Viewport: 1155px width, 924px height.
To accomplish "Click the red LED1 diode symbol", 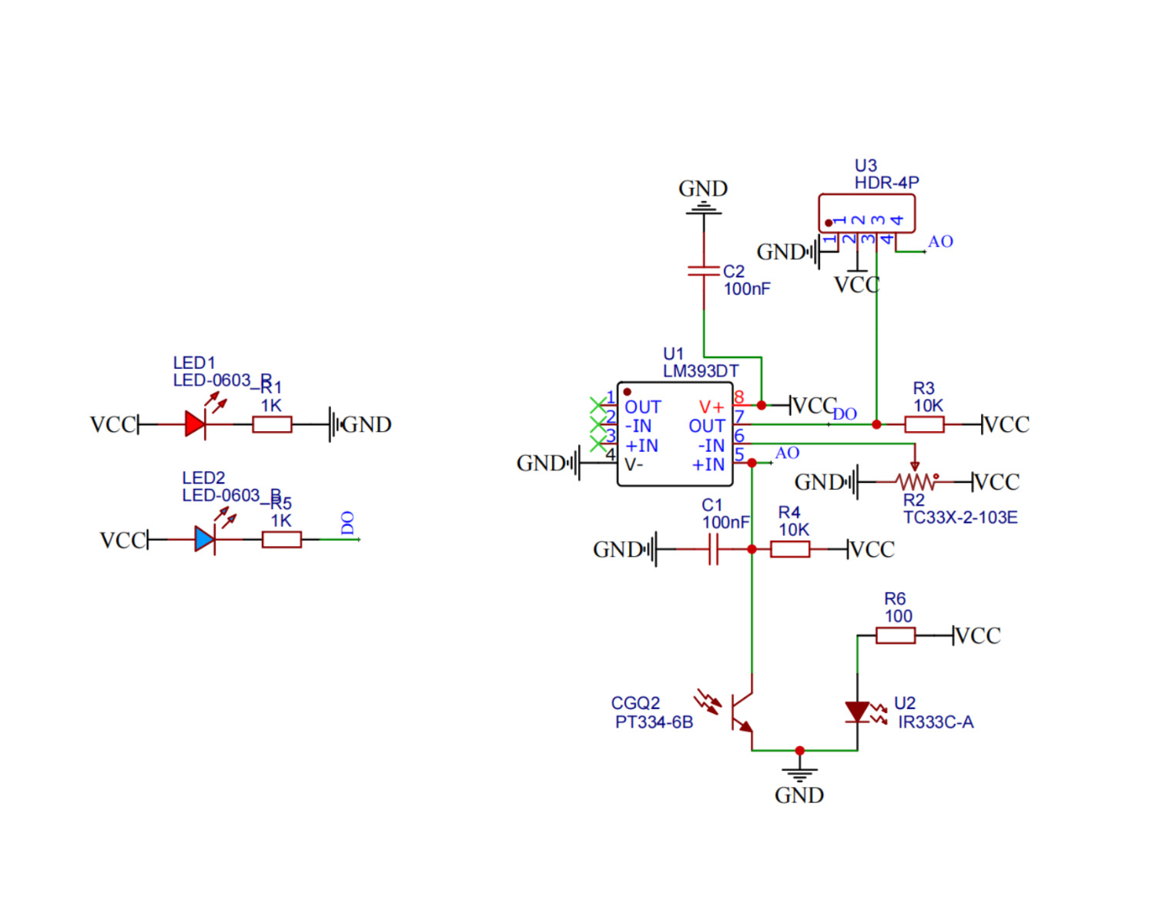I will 195,424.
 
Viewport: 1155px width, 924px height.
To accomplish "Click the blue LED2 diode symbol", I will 204,539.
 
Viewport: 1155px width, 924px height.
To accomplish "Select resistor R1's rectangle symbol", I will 272,424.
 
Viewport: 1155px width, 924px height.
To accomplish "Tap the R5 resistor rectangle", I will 281,539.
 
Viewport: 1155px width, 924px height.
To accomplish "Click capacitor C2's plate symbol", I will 704,270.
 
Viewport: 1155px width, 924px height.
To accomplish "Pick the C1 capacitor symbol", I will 713,549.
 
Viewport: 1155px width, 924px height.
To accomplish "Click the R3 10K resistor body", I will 924,424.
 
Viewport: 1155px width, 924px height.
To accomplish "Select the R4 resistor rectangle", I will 790,549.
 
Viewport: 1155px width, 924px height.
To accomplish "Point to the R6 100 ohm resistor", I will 896,635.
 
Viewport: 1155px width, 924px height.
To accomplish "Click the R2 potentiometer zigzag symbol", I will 916,482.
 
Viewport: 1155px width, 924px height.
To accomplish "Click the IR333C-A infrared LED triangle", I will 857,711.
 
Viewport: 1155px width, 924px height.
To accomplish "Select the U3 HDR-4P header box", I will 866,213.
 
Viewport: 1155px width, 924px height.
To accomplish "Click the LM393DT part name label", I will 701,371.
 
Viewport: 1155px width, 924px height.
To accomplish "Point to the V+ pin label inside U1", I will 711,407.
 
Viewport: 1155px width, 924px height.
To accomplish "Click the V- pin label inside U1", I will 634,464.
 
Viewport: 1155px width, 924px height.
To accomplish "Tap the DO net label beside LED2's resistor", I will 347,523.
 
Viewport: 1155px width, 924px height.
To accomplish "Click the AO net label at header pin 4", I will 940,242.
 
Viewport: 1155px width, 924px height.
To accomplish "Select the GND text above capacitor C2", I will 703,189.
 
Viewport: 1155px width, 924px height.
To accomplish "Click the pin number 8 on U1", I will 739,397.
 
